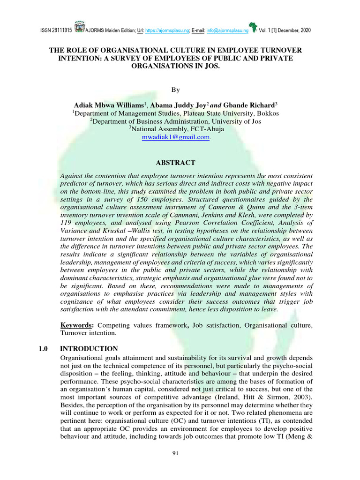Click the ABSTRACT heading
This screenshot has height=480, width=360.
pos(175,163)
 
